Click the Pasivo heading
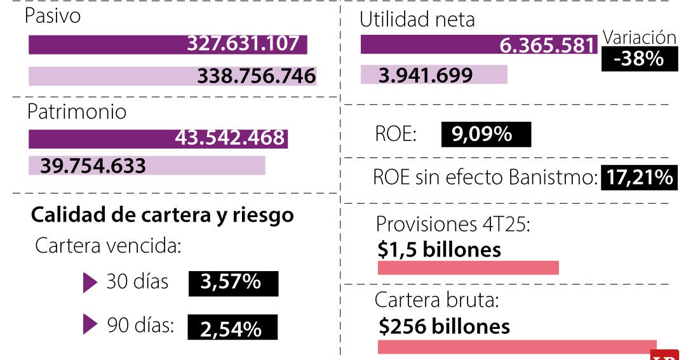point(53,16)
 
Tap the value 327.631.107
point(243,44)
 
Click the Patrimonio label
point(76,112)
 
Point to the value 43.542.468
point(229,138)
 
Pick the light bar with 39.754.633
point(146,166)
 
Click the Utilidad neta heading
point(417,20)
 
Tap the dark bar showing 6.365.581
point(479,45)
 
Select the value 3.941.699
point(426,76)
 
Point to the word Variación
point(639,37)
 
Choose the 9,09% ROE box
point(485,135)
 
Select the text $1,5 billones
point(439,250)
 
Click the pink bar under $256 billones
point(516,347)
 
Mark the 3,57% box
point(232,283)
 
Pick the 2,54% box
point(232,328)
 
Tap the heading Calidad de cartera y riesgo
point(162,215)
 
